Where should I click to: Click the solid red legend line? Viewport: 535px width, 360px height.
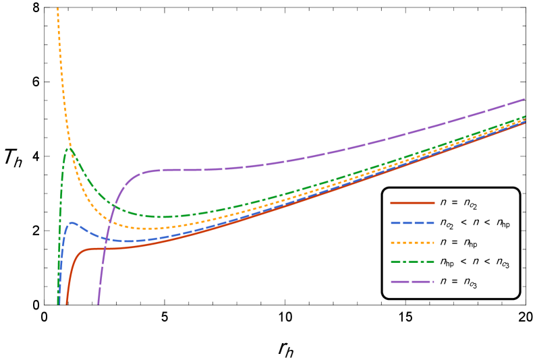[x=412, y=203]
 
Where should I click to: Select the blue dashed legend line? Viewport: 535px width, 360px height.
[x=412, y=222]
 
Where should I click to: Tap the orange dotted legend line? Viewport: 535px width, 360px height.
[x=412, y=242]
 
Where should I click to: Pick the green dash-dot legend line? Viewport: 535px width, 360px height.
[x=412, y=262]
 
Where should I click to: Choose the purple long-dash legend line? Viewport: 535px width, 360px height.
[x=412, y=281]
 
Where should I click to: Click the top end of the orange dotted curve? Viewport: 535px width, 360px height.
[x=58, y=9]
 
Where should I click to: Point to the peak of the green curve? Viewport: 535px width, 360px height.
[x=69, y=148]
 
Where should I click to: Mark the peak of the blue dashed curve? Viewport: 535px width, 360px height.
[x=72, y=222]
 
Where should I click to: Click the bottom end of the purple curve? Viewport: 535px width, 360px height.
[x=98, y=303]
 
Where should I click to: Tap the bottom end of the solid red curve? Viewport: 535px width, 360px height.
[x=66, y=303]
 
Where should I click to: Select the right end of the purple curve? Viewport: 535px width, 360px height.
[x=525, y=99]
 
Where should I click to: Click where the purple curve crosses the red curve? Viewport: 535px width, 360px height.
[x=105, y=249]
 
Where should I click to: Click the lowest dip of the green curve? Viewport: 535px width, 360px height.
[x=162, y=217]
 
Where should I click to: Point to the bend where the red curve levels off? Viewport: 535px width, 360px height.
[x=84, y=250]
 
